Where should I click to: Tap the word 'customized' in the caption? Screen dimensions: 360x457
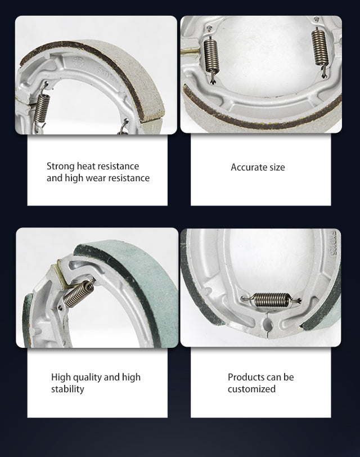click(x=251, y=389)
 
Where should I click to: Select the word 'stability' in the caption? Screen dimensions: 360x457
click(x=67, y=389)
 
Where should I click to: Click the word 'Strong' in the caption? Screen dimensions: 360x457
click(x=61, y=167)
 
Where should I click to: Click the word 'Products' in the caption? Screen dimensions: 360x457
click(x=244, y=377)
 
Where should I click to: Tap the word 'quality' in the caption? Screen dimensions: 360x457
click(x=87, y=378)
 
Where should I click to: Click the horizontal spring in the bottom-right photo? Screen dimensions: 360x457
click(x=271, y=299)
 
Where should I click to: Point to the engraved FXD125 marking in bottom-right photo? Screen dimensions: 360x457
click(x=333, y=244)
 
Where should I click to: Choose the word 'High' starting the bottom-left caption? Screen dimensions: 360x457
click(x=61, y=378)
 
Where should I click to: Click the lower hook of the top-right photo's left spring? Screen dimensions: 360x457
click(x=214, y=78)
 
